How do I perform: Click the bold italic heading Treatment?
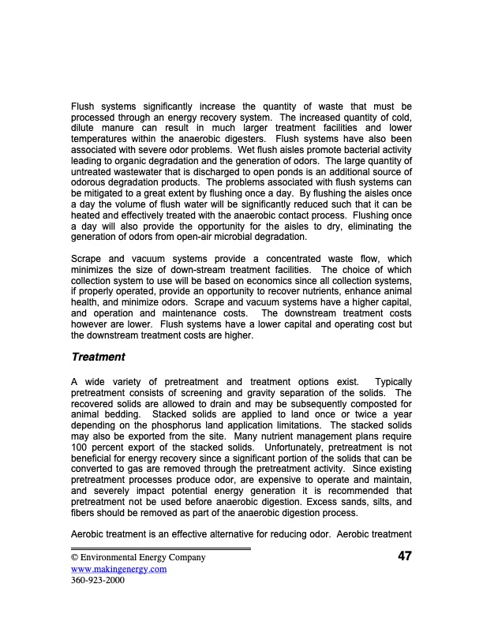point(98,357)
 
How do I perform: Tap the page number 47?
point(404,556)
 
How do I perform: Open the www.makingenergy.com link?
point(118,568)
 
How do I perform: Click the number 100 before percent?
point(80,458)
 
